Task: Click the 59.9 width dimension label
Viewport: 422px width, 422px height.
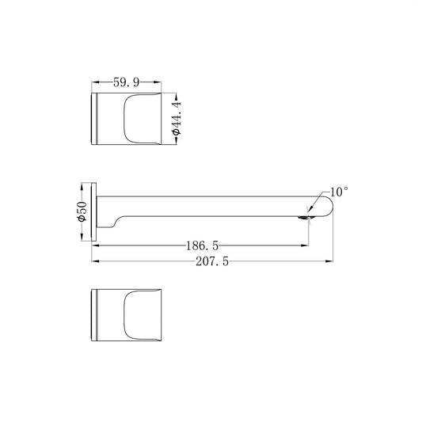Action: pos(126,82)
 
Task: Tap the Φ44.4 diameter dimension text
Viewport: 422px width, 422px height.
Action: pos(177,119)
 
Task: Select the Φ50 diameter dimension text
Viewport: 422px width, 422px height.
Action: pos(82,211)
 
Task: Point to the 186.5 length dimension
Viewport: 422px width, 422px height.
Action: pos(202,245)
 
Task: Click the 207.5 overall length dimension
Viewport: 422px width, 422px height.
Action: pos(212,261)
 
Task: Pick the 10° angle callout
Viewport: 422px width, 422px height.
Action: pos(339,192)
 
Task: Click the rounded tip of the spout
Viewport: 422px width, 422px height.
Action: pos(330,207)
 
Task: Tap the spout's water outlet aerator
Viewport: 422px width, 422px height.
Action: pos(302,218)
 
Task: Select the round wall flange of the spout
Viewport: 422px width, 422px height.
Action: pos(94,212)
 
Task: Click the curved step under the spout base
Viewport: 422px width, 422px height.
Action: pos(116,221)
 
